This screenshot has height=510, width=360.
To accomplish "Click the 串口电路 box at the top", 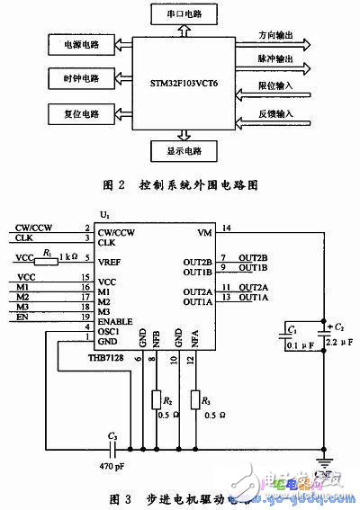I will click(x=186, y=15).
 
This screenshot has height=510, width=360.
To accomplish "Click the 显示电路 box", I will click(x=186, y=149).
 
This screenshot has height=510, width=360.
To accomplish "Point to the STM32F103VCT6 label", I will click(x=186, y=78).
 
